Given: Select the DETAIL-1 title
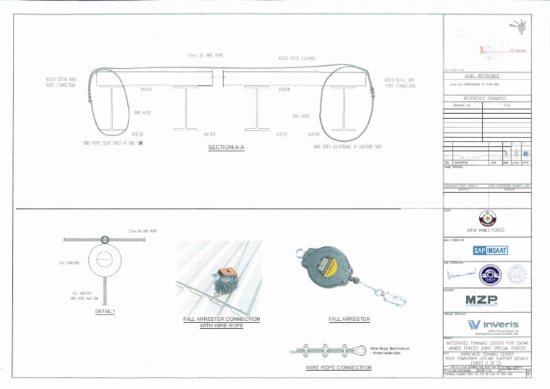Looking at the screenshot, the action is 105,311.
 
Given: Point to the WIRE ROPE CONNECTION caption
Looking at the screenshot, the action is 339,368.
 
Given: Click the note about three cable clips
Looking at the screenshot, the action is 390,351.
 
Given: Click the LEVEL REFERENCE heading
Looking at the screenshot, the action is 482,76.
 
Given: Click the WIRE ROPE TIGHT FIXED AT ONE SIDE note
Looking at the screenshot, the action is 109,144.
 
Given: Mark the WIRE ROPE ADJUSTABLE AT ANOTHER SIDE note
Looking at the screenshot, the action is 347,146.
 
